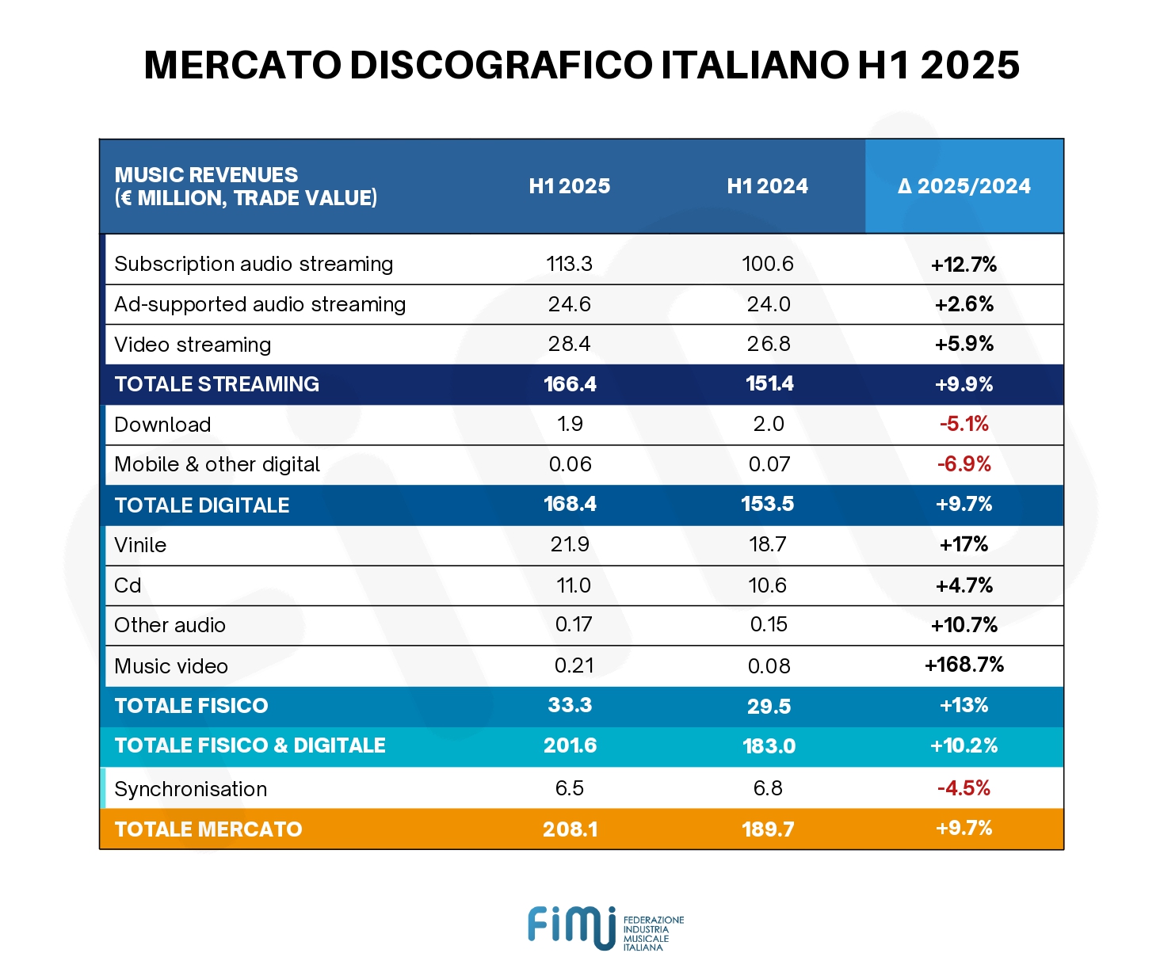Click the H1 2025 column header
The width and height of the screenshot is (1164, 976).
click(570, 186)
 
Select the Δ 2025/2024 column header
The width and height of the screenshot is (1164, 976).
click(964, 186)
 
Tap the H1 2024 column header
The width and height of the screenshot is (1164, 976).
click(767, 186)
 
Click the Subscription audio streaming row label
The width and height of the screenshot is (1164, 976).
click(254, 264)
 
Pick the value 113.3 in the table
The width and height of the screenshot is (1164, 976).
click(570, 264)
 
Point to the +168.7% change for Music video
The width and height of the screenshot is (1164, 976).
click(964, 665)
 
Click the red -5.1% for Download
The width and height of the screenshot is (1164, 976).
click(964, 424)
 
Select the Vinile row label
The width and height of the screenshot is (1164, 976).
click(140, 545)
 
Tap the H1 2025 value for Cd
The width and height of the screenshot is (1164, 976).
click(573, 585)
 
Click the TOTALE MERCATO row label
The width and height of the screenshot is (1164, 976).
click(208, 829)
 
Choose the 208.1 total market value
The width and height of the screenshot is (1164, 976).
click(570, 829)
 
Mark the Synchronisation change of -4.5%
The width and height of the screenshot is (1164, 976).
click(964, 788)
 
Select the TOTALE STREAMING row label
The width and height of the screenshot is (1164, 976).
click(217, 384)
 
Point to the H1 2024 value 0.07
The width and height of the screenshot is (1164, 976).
click(769, 464)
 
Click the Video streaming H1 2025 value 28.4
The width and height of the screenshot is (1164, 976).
click(570, 344)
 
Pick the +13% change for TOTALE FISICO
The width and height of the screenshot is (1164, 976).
click(964, 705)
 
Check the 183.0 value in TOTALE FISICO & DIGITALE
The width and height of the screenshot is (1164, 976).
click(769, 746)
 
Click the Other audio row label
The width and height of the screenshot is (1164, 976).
click(170, 625)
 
